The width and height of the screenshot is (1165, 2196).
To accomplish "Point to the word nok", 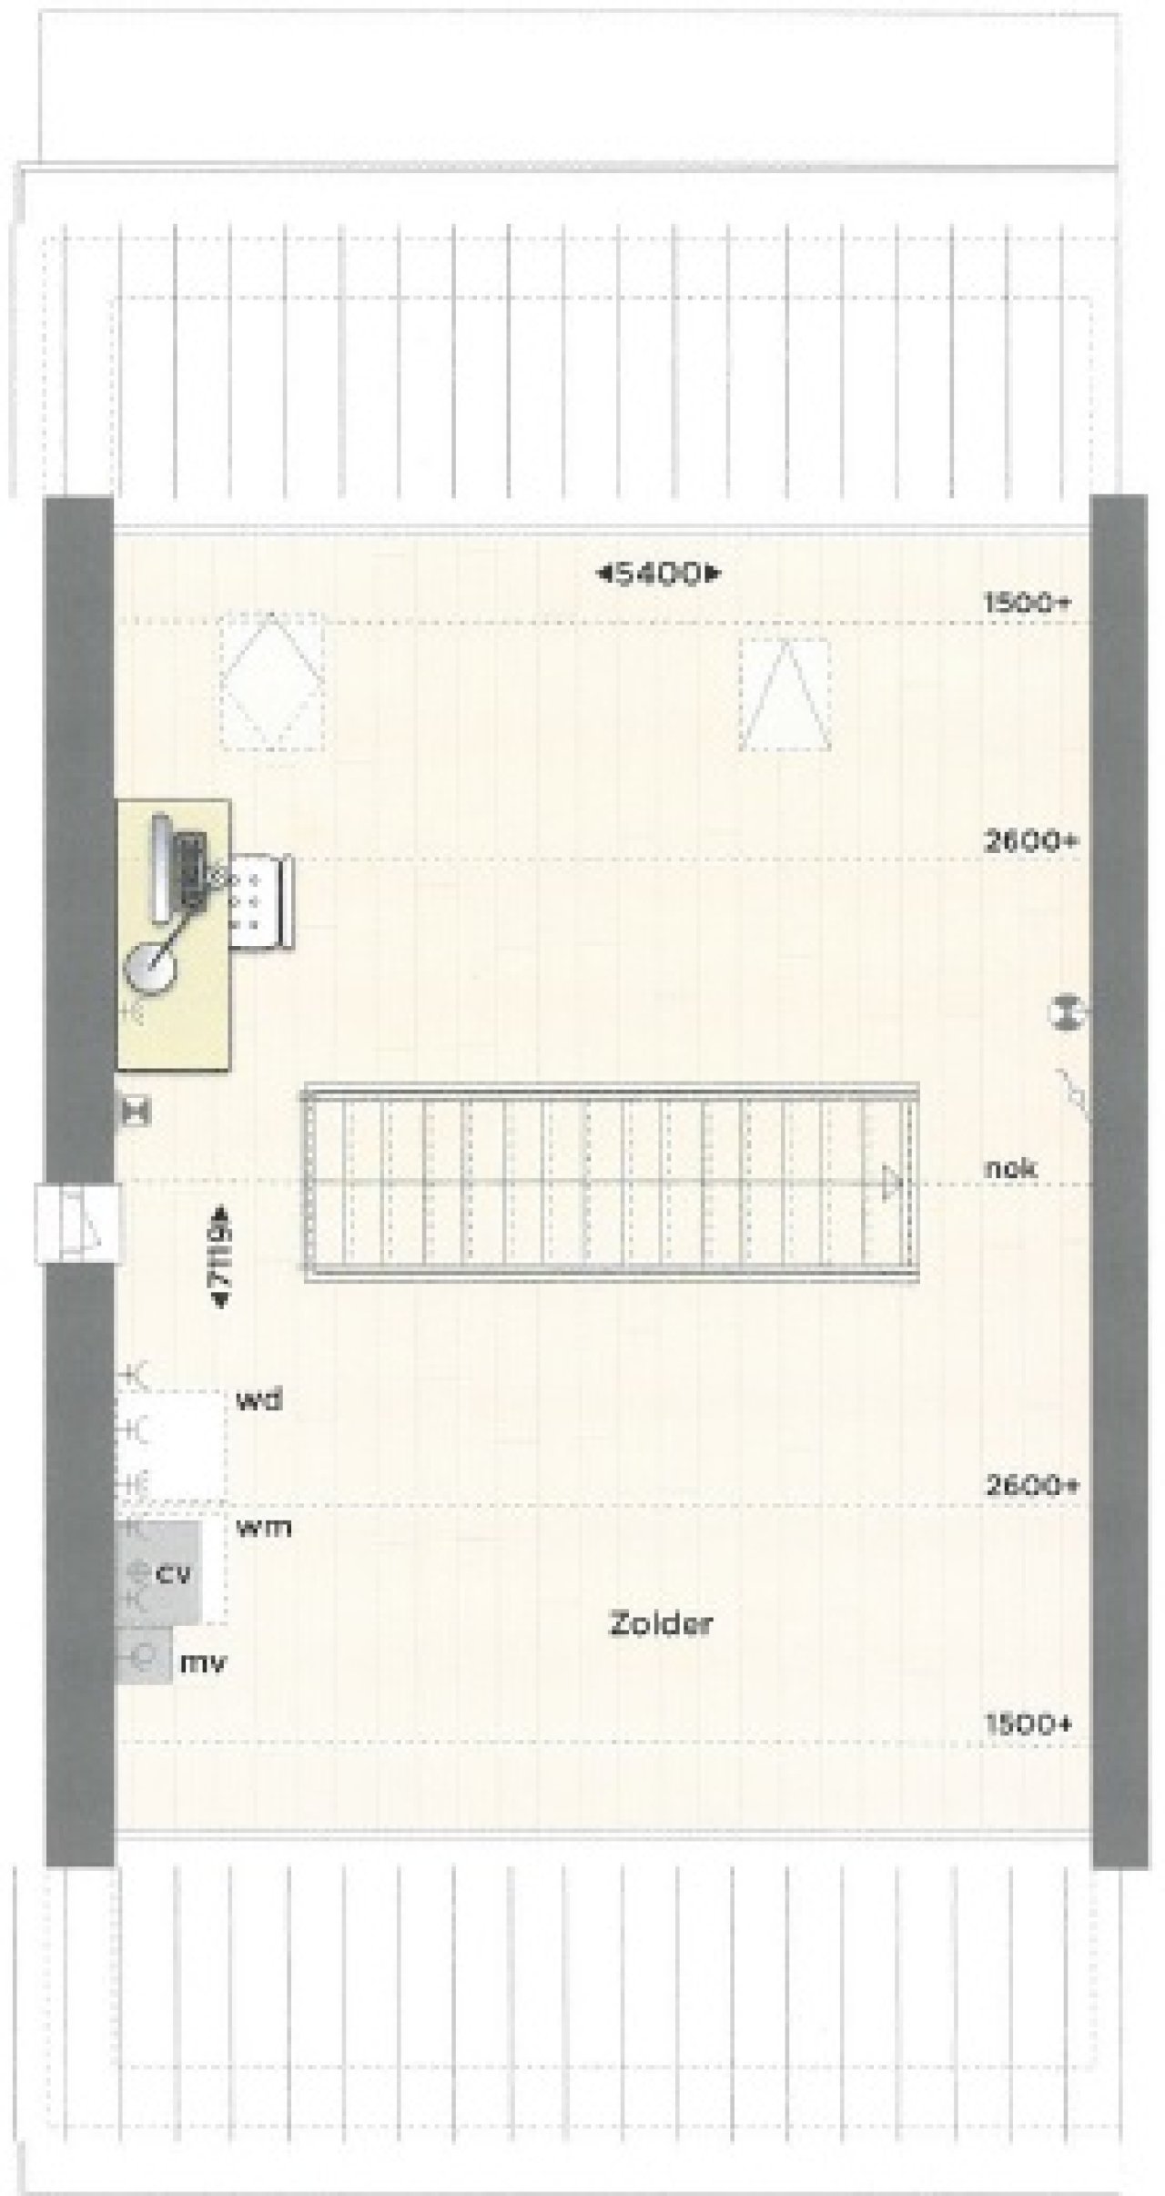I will point(1010,1168).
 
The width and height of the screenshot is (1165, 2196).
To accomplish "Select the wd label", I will point(259,1400).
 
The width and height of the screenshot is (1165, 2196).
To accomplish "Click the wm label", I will point(263,1527).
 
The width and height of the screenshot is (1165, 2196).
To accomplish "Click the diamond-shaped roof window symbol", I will point(273,681).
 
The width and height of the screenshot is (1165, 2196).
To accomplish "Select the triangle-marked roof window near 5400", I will point(785,694).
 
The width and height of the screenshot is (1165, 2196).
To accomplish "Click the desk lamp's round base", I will point(147,965).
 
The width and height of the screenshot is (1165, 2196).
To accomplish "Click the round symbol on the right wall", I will point(1066,1012).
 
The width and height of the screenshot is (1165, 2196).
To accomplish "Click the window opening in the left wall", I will point(78,1223).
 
